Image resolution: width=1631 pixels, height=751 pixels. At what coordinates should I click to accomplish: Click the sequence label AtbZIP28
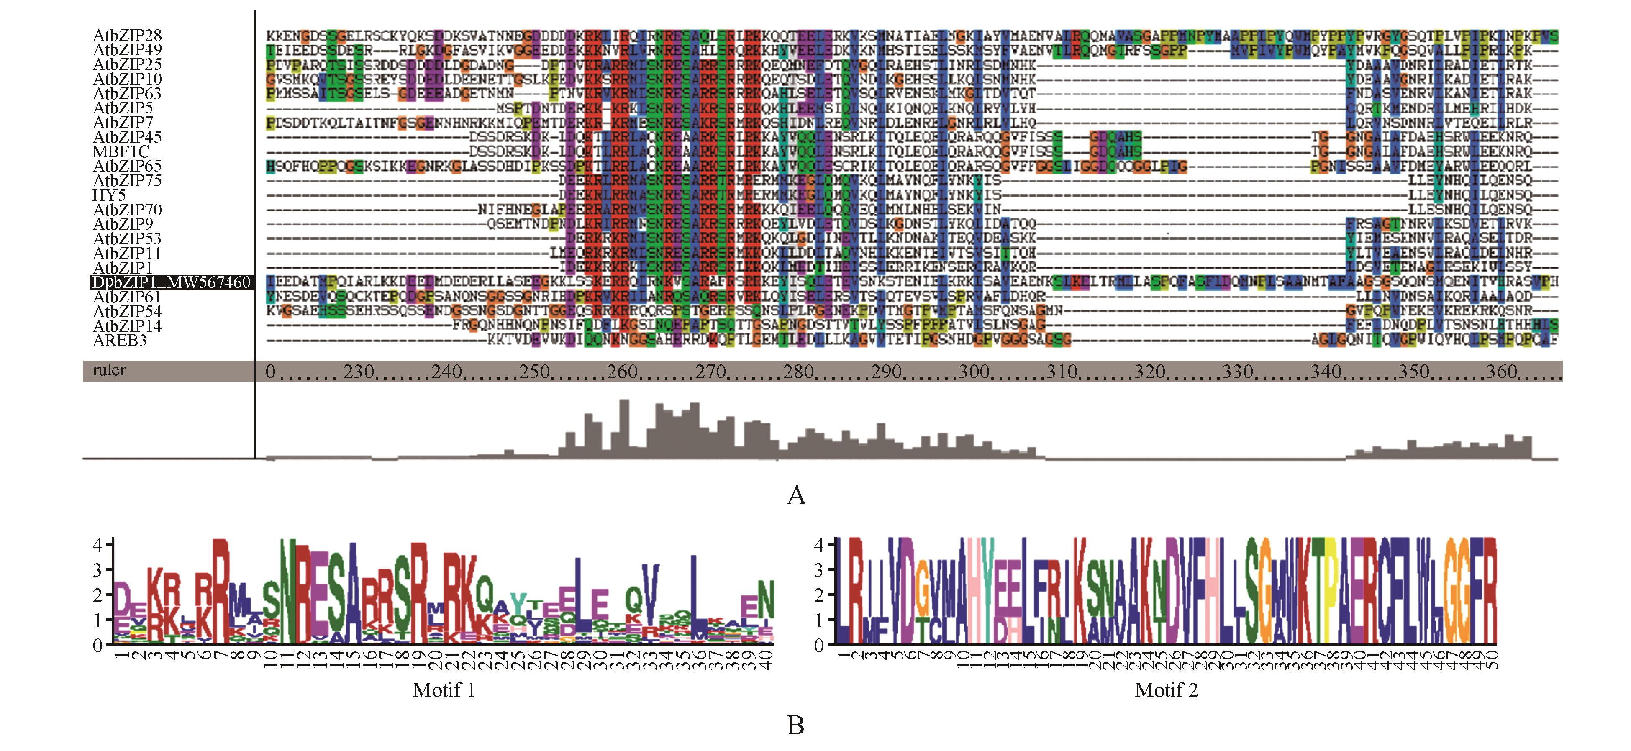pos(127,36)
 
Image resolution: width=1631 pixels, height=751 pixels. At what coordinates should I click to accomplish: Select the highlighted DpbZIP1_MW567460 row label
pos(172,282)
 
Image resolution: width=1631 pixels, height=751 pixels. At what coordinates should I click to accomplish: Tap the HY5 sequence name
pos(109,195)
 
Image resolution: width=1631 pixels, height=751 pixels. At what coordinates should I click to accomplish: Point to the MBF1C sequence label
pos(121,152)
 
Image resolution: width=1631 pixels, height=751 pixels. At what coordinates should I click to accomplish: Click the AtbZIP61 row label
pos(127,297)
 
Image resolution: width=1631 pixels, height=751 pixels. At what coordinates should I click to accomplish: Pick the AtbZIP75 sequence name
pos(127,180)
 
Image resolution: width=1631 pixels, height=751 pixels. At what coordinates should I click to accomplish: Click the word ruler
pos(109,370)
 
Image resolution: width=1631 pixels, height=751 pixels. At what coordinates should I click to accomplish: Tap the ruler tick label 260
pos(622,371)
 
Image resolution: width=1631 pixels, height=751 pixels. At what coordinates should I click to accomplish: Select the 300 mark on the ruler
pos(973,371)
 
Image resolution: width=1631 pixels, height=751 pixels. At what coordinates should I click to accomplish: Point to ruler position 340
pos(1325,371)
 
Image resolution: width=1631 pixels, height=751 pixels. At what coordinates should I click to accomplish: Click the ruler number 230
pos(358,371)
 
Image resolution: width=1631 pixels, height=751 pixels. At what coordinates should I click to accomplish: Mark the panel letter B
pos(795,725)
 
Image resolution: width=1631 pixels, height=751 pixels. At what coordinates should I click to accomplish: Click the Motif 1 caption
pos(444,689)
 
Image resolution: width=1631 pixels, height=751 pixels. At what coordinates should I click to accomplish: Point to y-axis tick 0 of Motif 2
pos(819,645)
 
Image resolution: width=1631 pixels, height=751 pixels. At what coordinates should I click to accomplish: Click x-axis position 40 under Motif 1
pos(768,659)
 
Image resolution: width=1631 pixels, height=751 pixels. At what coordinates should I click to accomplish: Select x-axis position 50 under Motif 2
pos(1492,659)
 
